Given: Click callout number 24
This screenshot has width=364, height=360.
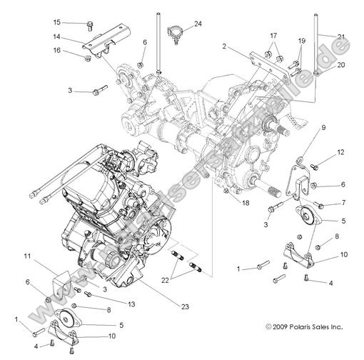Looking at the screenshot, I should click(x=198, y=24).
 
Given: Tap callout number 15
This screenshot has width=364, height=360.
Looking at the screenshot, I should click(x=77, y=22).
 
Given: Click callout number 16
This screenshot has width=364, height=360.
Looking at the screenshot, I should click(x=77, y=50).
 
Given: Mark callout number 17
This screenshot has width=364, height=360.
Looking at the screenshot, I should click(x=273, y=35).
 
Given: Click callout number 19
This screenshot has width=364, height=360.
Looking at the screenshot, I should click(x=301, y=41).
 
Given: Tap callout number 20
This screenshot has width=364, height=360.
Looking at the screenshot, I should click(x=340, y=64).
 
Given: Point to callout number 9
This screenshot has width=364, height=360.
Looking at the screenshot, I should click(x=323, y=128).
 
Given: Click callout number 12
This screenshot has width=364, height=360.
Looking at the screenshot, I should click(x=340, y=151).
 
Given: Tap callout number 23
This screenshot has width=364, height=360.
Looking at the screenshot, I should click(x=184, y=307).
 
